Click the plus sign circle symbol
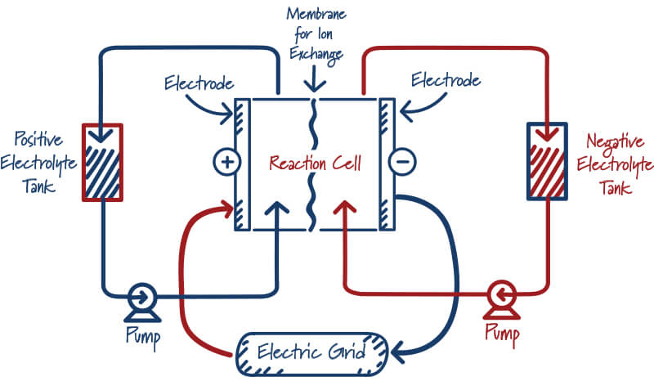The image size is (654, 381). pos(226,162)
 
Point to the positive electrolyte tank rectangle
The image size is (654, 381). pos(102,162)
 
